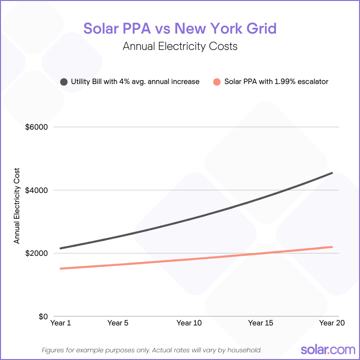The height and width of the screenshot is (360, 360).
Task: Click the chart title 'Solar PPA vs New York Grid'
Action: click(x=180, y=28)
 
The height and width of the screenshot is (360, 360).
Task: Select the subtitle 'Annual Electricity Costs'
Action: click(x=180, y=47)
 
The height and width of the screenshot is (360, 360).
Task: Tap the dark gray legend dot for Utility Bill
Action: click(x=64, y=82)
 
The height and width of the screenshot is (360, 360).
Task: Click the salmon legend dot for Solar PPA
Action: click(x=217, y=82)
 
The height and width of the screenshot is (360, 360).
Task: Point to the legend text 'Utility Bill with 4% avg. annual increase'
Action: click(x=135, y=82)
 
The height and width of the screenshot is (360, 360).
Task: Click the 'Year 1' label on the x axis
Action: click(x=60, y=323)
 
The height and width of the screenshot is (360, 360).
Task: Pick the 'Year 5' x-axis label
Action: click(x=118, y=323)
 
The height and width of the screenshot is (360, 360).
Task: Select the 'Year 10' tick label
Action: click(x=189, y=323)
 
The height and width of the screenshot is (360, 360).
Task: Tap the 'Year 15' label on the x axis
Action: click(x=261, y=323)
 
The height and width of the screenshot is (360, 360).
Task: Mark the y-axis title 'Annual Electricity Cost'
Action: click(x=17, y=205)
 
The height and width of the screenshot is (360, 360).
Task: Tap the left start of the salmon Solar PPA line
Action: click(x=61, y=268)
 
